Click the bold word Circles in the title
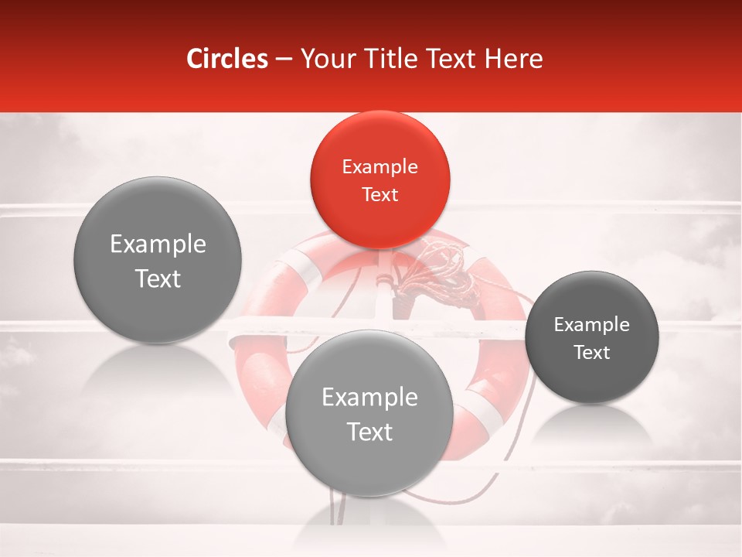[x=227, y=59]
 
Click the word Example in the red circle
[x=380, y=166]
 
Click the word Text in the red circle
[x=380, y=194]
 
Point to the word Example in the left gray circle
[x=158, y=244]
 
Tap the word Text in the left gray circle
[x=158, y=278]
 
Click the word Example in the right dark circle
[x=592, y=324]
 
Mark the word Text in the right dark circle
[x=592, y=353]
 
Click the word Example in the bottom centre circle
[x=369, y=398]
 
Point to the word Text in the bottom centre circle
[x=369, y=432]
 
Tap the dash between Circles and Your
[x=284, y=59]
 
